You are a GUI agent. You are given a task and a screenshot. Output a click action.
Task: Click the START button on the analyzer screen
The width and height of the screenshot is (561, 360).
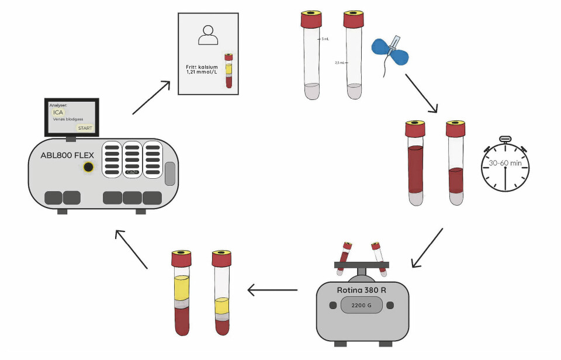(x=85, y=128)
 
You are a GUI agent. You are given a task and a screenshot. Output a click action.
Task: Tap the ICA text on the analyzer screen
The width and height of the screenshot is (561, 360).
(x=58, y=112)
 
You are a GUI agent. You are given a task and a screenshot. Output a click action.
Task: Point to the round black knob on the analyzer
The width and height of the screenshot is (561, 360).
(x=88, y=168)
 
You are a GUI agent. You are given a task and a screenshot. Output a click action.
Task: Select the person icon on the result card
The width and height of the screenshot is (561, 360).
(x=208, y=36)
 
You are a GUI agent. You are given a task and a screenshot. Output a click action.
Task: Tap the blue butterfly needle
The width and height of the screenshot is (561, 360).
(x=391, y=51)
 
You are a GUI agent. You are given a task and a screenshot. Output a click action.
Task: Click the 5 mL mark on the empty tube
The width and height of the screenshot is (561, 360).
(x=325, y=39)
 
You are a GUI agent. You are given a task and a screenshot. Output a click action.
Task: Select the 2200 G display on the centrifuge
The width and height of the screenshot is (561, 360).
(x=361, y=305)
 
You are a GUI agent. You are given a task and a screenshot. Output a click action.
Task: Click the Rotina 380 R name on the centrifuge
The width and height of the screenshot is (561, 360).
(x=362, y=290)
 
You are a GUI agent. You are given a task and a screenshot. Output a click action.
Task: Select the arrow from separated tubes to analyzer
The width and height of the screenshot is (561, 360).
(x=131, y=249)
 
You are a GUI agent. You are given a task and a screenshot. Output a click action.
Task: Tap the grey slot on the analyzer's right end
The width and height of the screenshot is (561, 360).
(x=170, y=174)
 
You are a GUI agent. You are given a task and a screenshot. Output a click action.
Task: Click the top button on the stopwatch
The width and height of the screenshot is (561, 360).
(x=505, y=139)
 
